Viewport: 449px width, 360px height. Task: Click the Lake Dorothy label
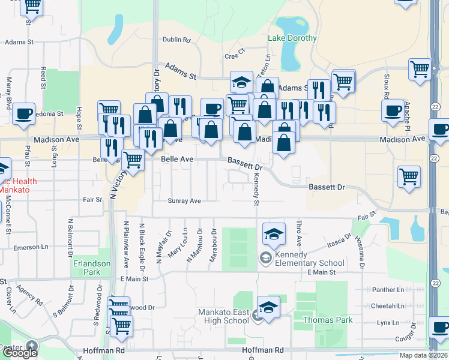click(292, 38)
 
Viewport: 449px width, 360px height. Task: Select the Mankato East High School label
click(224, 316)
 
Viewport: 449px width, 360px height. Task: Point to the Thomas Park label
click(328, 320)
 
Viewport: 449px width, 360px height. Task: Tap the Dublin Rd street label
click(176, 40)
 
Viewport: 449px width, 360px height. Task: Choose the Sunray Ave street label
click(184, 201)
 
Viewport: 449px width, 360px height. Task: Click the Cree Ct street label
click(235, 55)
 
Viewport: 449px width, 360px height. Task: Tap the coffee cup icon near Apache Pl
click(394, 110)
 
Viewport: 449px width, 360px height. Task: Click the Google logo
click(19, 353)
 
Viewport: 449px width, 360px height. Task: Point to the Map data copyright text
click(423, 355)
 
